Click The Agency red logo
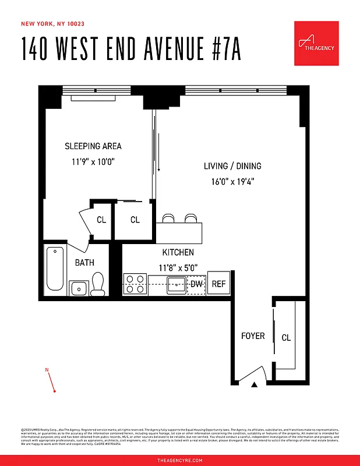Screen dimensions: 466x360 pyautogui.click(x=316, y=43)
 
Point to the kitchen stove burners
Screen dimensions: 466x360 pyautogui.click(x=135, y=284)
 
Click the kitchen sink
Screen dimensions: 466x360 pyautogui.click(x=176, y=285)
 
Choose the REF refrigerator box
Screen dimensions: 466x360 pyautogui.click(x=218, y=284)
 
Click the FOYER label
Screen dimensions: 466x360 pyautogui.click(x=253, y=336)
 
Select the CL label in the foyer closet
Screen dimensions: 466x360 pyautogui.click(x=286, y=338)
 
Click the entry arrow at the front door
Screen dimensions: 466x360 pyautogui.click(x=254, y=384)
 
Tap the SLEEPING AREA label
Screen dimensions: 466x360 pyautogui.click(x=93, y=146)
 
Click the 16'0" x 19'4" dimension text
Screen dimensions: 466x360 pyautogui.click(x=232, y=182)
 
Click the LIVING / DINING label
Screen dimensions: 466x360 pyautogui.click(x=232, y=166)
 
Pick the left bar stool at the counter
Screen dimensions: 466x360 pyautogui.click(x=168, y=218)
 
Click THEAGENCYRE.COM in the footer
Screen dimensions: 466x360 pyautogui.click(x=180, y=460)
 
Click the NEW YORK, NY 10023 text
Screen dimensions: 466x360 pyautogui.click(x=53, y=24)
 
